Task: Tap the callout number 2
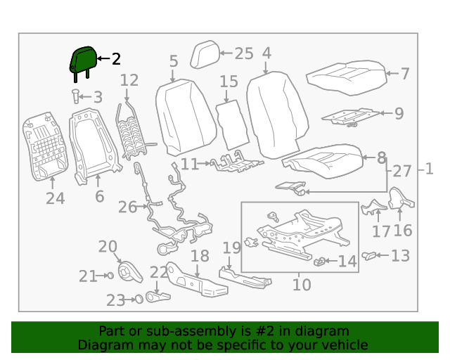pyautogui.click(x=116, y=60)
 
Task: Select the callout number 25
pyautogui.click(x=243, y=53)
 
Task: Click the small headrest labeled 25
pyautogui.click(x=205, y=53)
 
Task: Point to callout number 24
pyautogui.click(x=55, y=199)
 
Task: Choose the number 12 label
pyautogui.click(x=129, y=81)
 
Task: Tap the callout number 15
pyautogui.click(x=229, y=82)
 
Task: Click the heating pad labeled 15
pyautogui.click(x=231, y=122)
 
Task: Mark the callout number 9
pyautogui.click(x=399, y=112)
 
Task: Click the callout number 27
pyautogui.click(x=402, y=171)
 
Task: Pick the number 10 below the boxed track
pyautogui.click(x=301, y=285)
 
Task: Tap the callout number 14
pyautogui.click(x=347, y=262)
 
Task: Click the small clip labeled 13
pyautogui.click(x=368, y=255)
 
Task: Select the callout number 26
pyautogui.click(x=127, y=207)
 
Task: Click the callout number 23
pyautogui.click(x=115, y=300)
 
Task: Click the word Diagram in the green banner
pyautogui.click(x=104, y=345)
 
